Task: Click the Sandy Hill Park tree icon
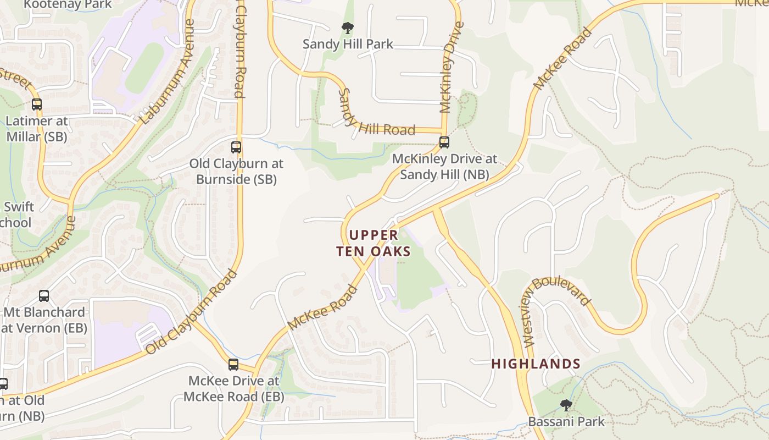[347, 28]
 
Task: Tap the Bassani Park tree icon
[566, 406]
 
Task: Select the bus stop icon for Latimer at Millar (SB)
[37, 104]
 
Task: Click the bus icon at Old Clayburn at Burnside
[236, 147]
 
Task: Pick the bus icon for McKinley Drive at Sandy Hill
[444, 142]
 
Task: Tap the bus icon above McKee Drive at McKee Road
[233, 364]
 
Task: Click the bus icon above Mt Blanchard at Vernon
[44, 296]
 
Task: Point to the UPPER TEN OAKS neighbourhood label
[374, 243]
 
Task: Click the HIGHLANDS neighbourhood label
[536, 364]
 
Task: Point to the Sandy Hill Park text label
[348, 44]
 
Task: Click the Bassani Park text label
[566, 422]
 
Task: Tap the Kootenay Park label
[68, 4]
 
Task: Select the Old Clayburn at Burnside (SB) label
[236, 171]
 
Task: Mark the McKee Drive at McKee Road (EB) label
[233, 388]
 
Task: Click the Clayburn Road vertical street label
[240, 50]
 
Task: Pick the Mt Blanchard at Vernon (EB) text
[44, 320]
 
